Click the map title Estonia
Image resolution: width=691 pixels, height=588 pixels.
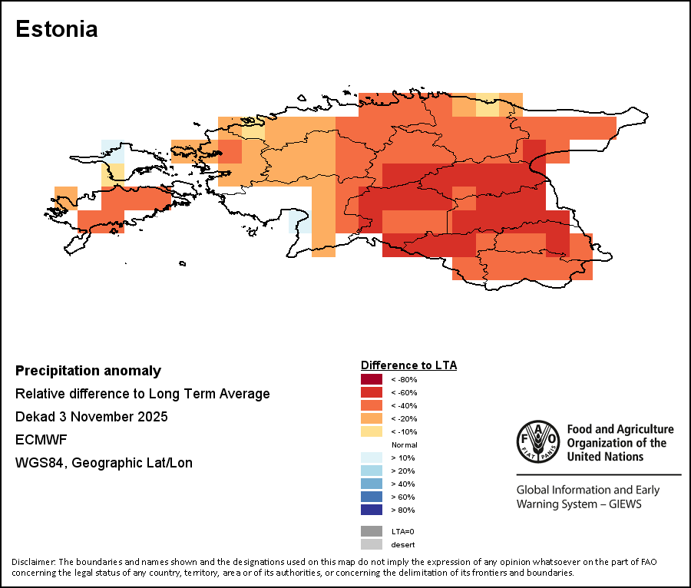pos(57,30)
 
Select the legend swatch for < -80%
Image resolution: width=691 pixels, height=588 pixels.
pos(372,379)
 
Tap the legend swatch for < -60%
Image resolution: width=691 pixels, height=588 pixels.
pos(372,392)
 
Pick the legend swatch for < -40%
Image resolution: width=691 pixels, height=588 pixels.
pos(372,405)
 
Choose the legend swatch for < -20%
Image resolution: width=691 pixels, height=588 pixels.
pos(372,418)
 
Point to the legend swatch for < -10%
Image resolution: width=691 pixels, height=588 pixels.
pos(372,431)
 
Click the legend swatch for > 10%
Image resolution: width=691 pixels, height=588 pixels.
pos(372,458)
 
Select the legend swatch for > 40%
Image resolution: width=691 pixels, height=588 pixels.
pos(372,484)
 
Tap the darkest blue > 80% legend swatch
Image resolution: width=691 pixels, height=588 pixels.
pos(372,510)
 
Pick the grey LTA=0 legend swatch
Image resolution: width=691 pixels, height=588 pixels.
pos(372,531)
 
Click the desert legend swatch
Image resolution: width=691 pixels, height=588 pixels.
pos(372,544)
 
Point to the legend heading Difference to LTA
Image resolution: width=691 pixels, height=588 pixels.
pos(408,365)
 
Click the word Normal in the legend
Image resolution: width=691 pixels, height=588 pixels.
pos(404,444)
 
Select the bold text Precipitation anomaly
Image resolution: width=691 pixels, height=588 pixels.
pos(88,371)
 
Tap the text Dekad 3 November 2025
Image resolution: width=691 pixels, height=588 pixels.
pos(91,417)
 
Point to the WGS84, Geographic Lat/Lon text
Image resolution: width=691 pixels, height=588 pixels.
pos(104,463)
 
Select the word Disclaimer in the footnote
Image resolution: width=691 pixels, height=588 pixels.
pos(33,562)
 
